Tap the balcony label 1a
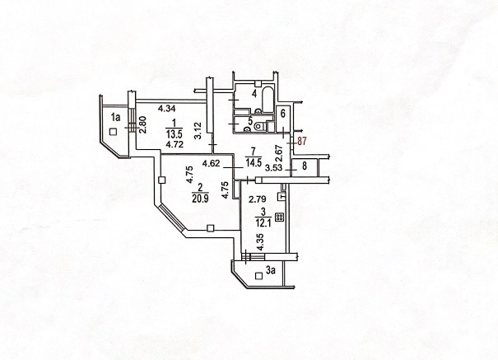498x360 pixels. click(x=116, y=119)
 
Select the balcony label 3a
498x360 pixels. click(x=270, y=269)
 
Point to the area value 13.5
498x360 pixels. click(x=174, y=135)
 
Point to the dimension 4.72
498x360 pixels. click(x=174, y=144)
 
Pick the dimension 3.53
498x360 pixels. click(x=272, y=166)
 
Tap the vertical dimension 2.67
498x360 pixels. click(x=279, y=151)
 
